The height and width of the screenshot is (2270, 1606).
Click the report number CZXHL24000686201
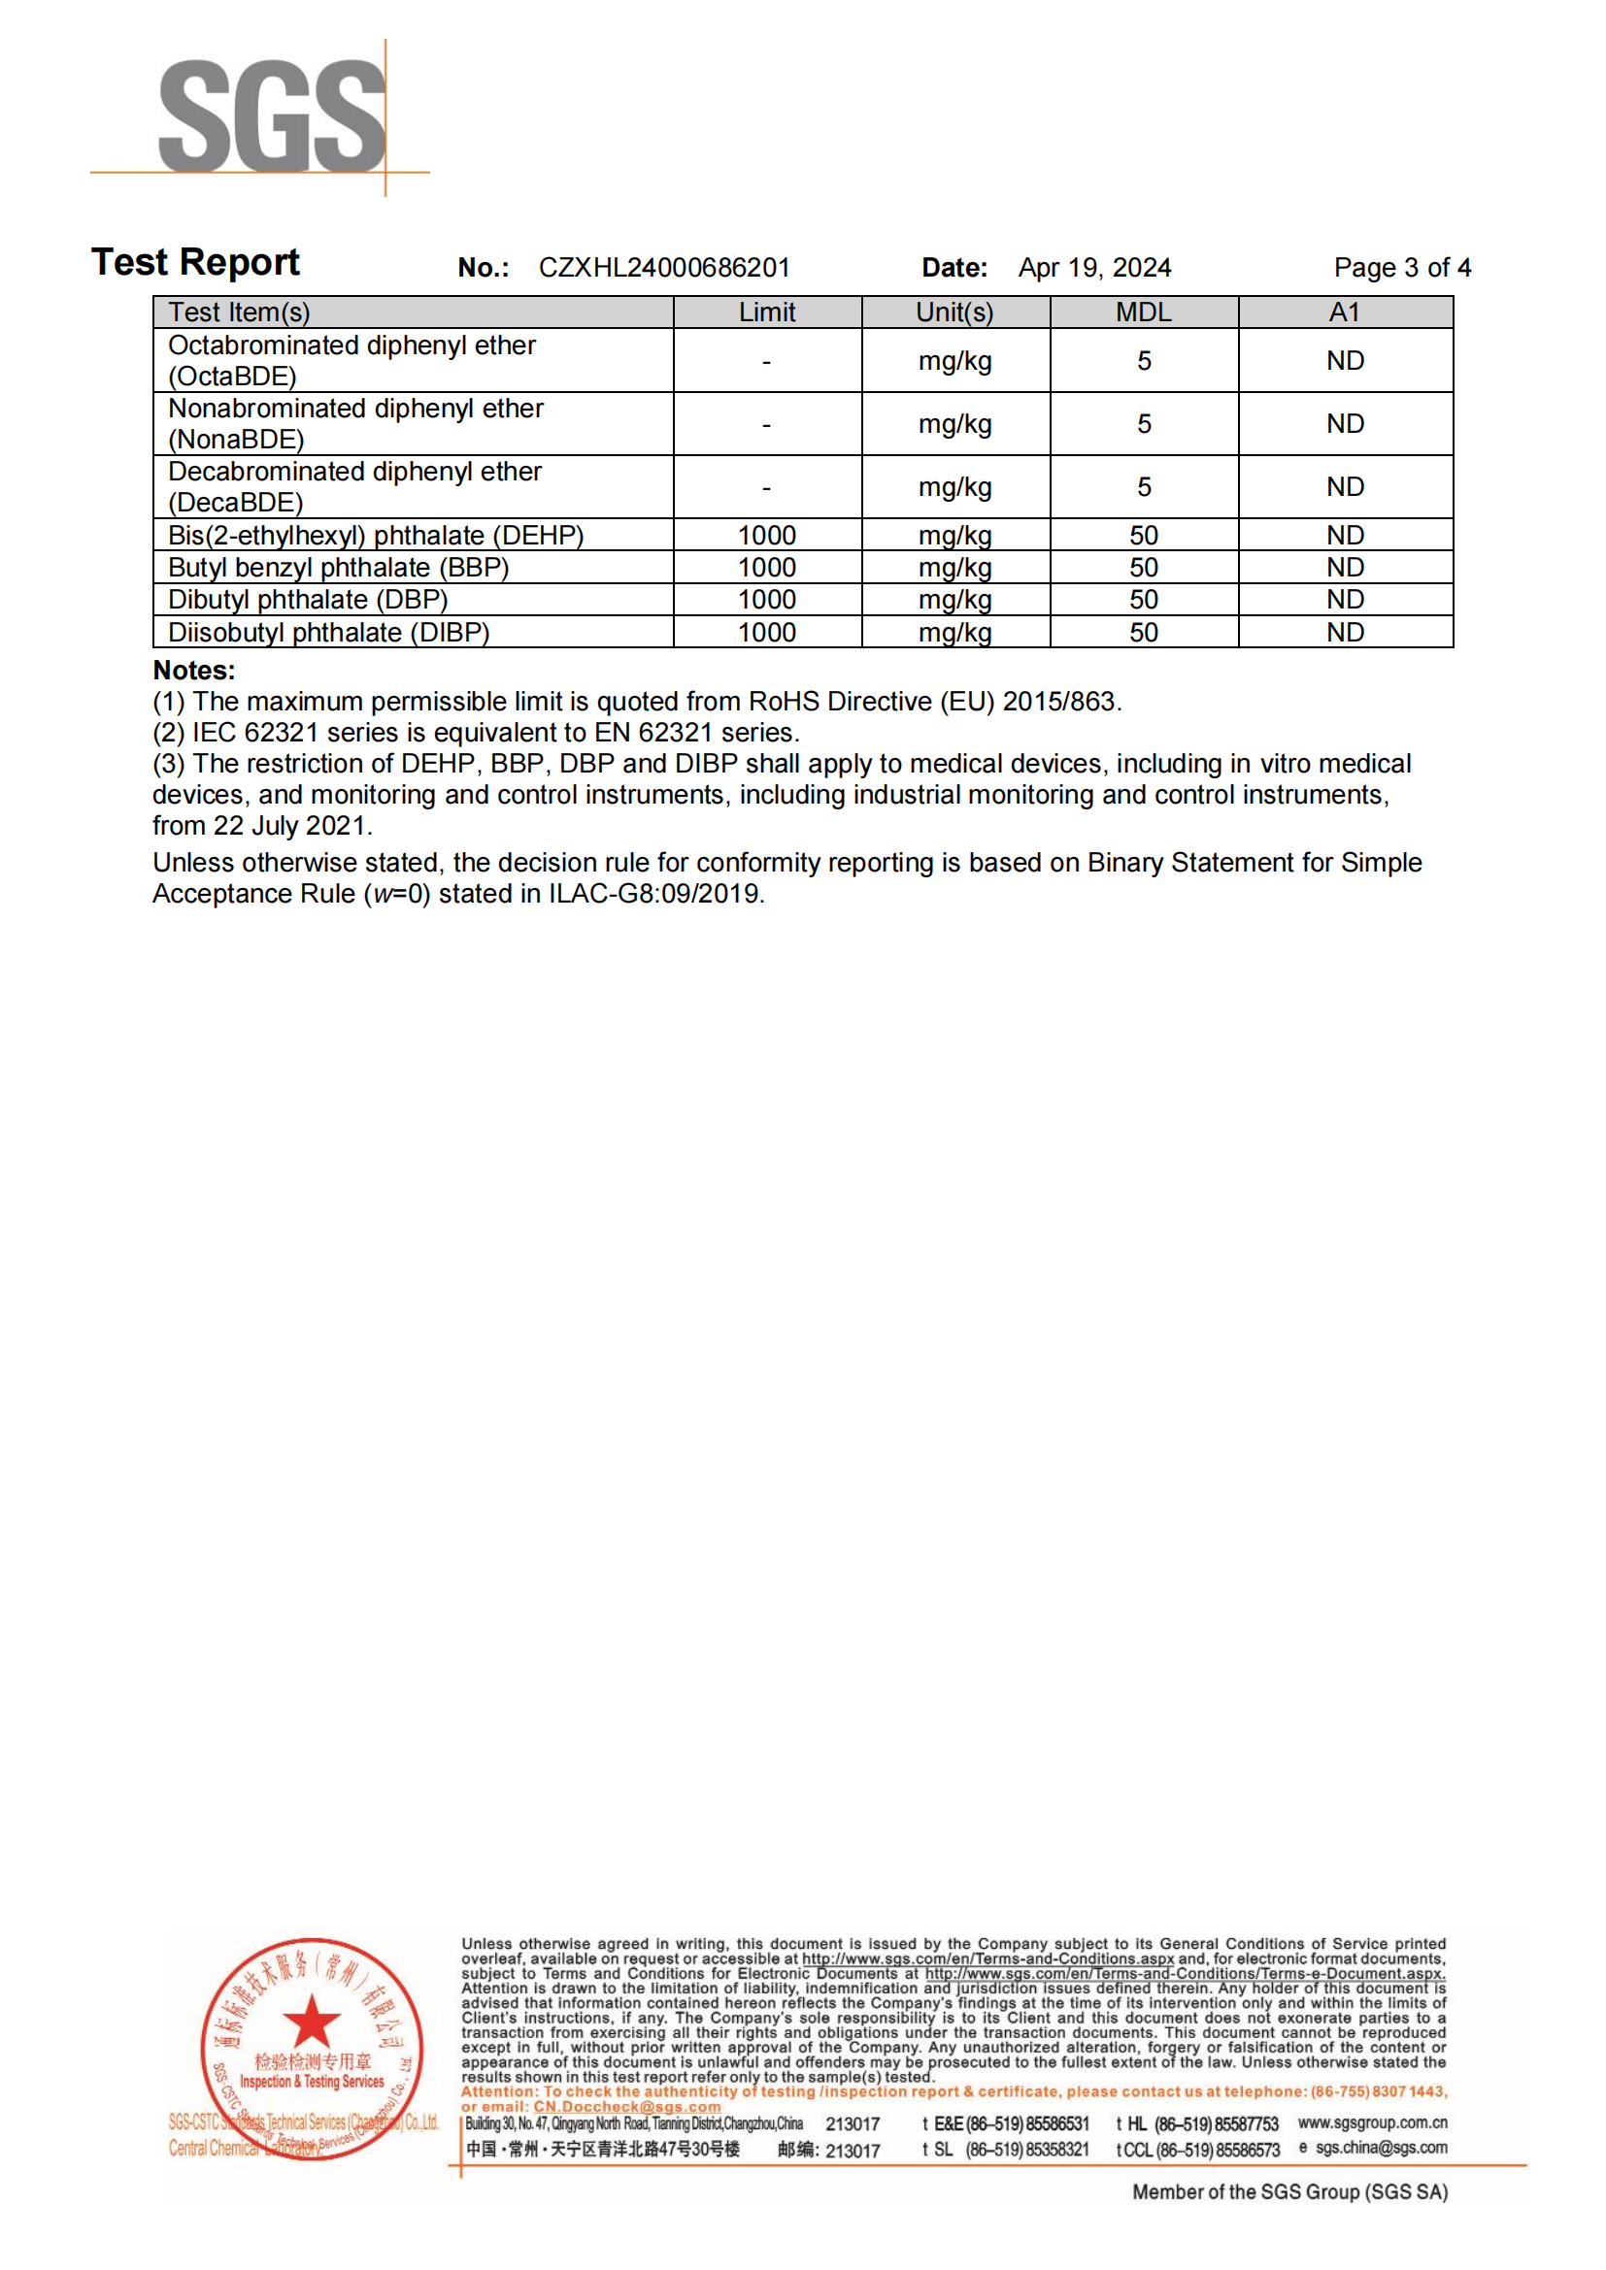pos(663,268)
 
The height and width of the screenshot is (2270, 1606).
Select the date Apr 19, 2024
pos(1093,268)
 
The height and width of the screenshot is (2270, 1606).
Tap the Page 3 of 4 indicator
pos(1401,268)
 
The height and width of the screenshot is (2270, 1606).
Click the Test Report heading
pos(196,263)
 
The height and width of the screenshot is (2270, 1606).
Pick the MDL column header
pos(1143,313)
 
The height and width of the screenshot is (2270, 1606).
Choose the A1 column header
pos(1344,313)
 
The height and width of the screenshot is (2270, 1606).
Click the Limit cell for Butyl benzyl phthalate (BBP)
pos(766,568)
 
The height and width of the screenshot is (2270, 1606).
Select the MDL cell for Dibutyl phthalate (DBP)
pos(1143,600)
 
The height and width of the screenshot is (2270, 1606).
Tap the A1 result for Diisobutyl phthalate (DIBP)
pos(1344,633)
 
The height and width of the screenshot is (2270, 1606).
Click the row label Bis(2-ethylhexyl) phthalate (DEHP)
pos(376,536)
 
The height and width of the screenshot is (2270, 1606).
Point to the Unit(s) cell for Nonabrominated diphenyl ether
pos(954,424)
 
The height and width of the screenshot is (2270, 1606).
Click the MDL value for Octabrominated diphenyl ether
pos(1143,361)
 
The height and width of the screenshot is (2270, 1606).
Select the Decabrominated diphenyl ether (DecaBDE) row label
pos(354,486)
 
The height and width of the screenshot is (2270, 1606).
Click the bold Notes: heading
pos(194,671)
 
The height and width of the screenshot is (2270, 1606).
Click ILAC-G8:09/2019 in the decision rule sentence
pos(654,894)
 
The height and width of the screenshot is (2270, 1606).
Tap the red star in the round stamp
pos(312,2021)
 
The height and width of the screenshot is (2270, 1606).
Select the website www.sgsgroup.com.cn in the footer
pos(1372,2122)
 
